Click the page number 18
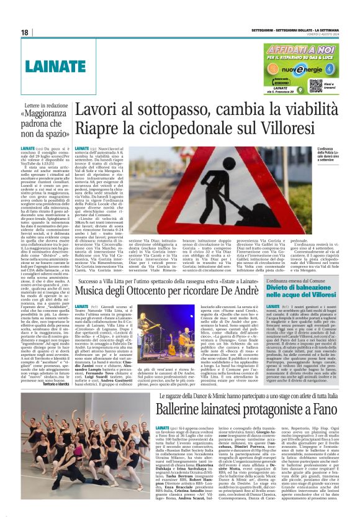tap(25, 32)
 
